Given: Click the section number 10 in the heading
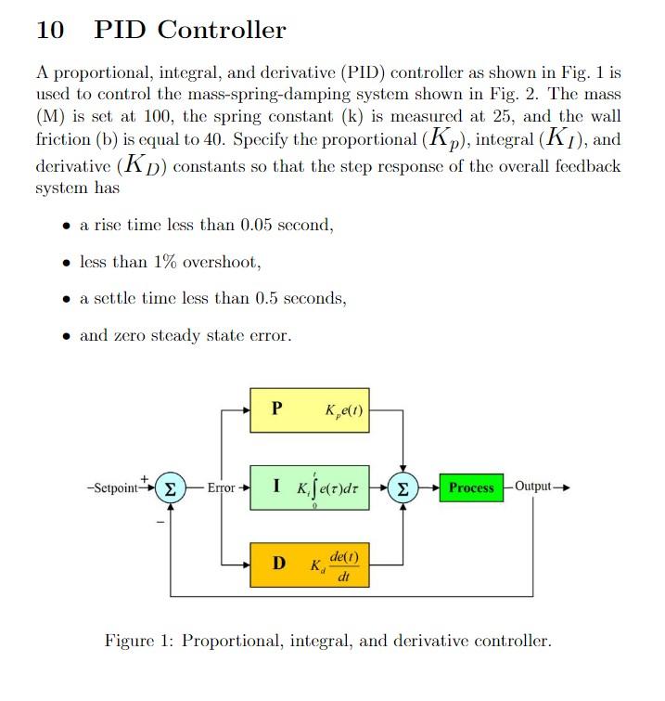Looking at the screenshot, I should click(50, 31).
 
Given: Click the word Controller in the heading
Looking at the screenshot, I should click(222, 31).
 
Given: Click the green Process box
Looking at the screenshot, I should click(471, 487).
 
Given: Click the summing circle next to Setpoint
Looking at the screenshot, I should click(169, 487).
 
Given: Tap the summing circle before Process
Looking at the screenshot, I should click(403, 487).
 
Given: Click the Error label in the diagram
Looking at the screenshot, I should click(221, 487).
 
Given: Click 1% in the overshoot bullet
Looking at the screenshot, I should click(164, 262).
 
